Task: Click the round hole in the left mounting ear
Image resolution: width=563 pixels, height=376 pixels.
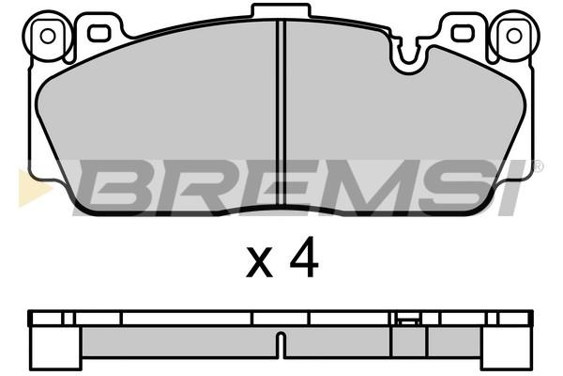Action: (x=48, y=36)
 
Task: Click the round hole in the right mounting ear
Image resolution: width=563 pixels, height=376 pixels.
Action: (x=514, y=36)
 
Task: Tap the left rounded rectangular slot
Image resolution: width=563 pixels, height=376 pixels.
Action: (x=98, y=33)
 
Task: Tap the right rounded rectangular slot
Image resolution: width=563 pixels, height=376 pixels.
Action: (x=464, y=33)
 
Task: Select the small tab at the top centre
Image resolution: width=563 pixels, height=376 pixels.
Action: (x=281, y=10)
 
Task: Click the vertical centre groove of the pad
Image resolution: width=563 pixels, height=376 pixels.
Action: (x=281, y=115)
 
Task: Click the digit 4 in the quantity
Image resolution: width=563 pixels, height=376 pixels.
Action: (x=304, y=257)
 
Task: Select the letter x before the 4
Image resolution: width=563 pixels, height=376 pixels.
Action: (x=259, y=263)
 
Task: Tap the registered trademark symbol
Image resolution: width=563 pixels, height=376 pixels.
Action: (x=539, y=166)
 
